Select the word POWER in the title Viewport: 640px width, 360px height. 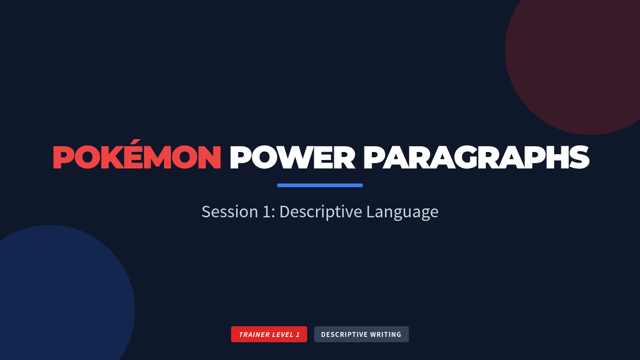click(x=292, y=157)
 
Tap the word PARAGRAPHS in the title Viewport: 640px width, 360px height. click(x=476, y=157)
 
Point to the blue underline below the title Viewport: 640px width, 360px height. click(x=320, y=186)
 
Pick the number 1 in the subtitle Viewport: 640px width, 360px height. click(x=266, y=212)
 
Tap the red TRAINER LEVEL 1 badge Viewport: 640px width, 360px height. click(x=269, y=334)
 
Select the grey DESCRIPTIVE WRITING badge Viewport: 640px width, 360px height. click(x=362, y=334)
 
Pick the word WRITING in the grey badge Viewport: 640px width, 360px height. click(x=386, y=334)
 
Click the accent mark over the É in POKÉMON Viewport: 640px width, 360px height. click(x=137, y=142)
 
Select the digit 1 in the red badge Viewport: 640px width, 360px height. click(x=298, y=334)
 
